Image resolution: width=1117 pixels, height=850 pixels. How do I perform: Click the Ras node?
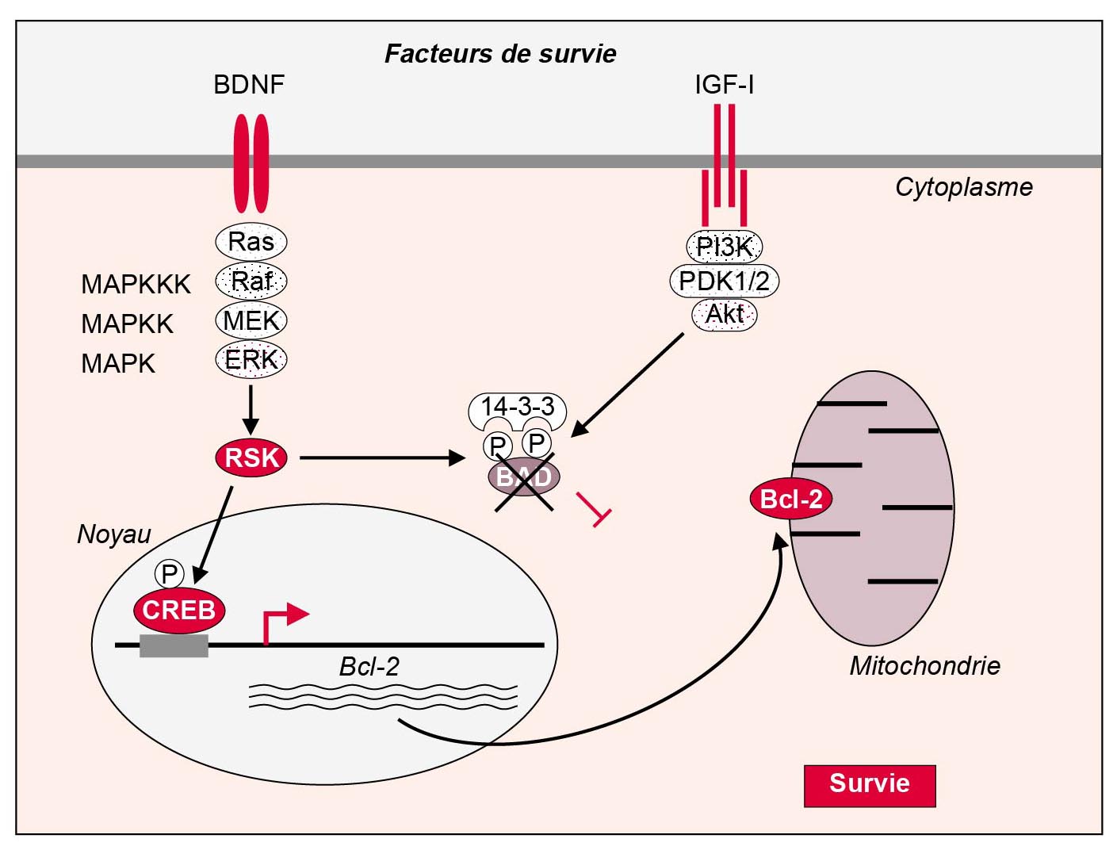251,241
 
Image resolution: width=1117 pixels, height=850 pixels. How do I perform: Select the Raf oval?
251,281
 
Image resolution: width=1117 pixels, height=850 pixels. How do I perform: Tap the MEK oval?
251,320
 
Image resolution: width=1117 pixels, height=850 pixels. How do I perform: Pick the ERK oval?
251,360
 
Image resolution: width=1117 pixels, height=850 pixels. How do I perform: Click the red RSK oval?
251,458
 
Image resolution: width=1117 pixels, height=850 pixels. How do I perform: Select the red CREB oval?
179,610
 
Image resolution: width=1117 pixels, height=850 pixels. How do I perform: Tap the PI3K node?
724,247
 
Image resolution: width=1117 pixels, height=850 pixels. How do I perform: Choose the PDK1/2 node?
724,281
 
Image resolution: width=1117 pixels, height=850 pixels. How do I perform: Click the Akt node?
724,314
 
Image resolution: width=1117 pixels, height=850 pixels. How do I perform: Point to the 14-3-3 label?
517,408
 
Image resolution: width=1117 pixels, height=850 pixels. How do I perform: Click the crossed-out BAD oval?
523,477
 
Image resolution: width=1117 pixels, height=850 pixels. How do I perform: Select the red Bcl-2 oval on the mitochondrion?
790,499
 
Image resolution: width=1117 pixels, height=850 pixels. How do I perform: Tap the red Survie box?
870,785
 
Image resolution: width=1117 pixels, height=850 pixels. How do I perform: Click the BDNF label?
249,85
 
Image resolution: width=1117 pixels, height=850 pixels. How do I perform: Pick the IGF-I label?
724,85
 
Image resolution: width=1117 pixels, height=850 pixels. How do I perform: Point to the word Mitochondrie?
924,665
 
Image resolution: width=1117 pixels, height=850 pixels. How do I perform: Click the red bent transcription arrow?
282,622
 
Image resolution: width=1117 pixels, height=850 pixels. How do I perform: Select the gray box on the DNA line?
174,645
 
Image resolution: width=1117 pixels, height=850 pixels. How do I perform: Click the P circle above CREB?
169,573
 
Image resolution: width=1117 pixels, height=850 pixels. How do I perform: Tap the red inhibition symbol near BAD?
594,508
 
